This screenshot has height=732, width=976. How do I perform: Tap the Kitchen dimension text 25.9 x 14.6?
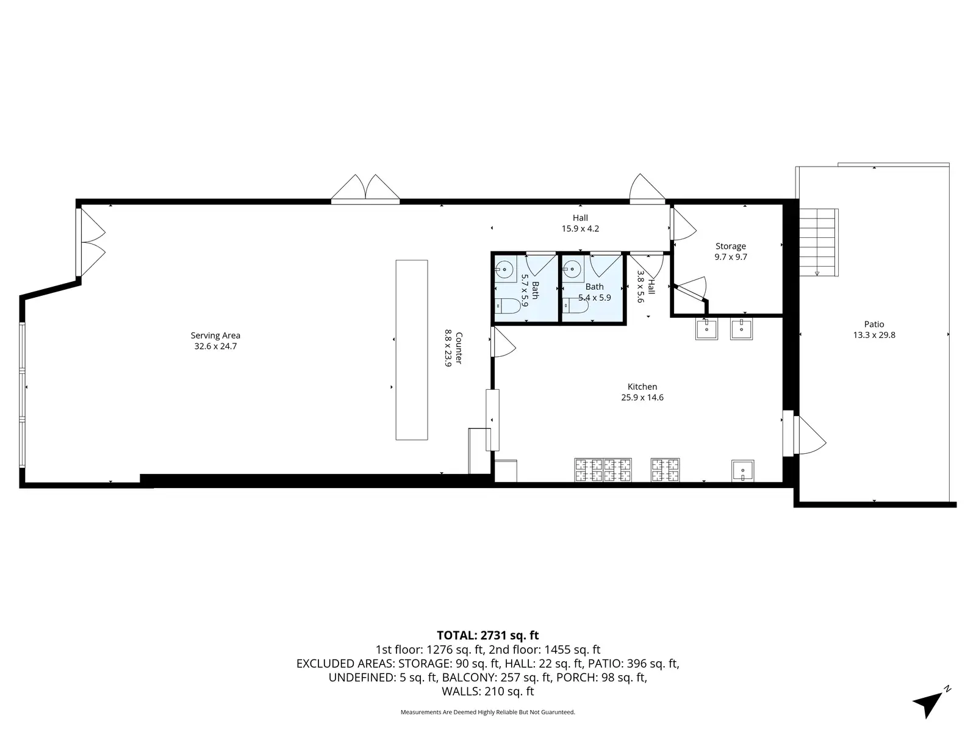click(642, 397)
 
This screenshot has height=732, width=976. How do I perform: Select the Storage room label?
click(731, 246)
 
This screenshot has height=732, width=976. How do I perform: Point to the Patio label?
click(874, 325)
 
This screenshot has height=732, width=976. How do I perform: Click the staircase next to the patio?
click(819, 243)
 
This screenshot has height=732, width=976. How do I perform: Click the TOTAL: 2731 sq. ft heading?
click(488, 636)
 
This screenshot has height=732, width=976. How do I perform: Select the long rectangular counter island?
click(412, 350)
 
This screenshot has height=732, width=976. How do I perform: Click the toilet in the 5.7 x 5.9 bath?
click(508, 306)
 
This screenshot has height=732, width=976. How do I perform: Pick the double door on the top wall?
click(365, 190)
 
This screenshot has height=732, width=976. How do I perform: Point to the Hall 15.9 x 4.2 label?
click(580, 223)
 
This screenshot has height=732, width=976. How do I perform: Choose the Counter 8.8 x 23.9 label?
click(454, 348)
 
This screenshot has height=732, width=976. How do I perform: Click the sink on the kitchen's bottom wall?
click(742, 471)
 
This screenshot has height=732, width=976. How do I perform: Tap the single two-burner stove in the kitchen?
click(665, 470)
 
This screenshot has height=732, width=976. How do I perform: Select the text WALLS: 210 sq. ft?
click(488, 692)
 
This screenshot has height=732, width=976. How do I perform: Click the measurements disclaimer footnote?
click(488, 712)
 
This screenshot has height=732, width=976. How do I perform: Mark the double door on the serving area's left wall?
click(91, 243)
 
